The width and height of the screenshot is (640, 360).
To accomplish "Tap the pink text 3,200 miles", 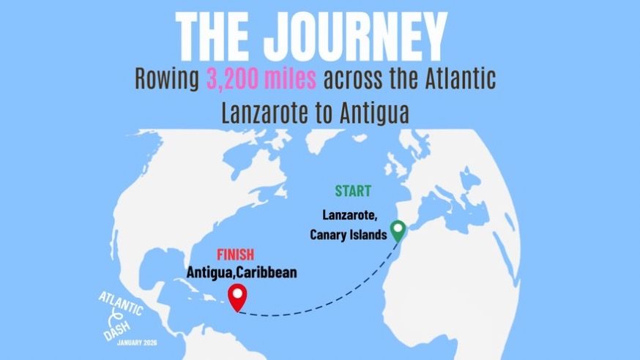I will (x=261, y=78).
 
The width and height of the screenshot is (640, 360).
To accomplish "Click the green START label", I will (x=353, y=192).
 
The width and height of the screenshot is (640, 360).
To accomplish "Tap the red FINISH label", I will (x=236, y=255).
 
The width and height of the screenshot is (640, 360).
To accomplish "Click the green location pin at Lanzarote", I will (x=398, y=231).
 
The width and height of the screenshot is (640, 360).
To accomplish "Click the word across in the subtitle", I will (x=354, y=78).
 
